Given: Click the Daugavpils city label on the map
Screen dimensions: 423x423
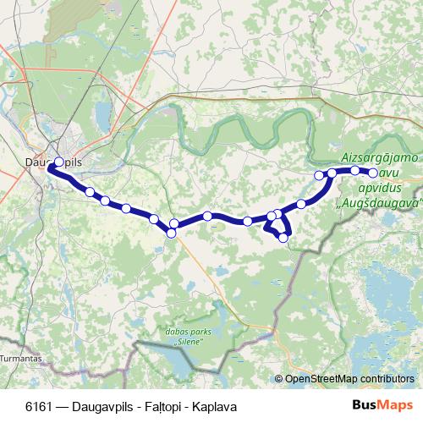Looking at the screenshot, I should [56, 158].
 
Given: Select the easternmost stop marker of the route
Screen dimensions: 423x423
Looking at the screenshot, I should [373, 173].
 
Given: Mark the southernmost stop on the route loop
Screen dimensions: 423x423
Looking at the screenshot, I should [283, 238].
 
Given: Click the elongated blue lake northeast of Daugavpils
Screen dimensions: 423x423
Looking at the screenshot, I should [102, 113].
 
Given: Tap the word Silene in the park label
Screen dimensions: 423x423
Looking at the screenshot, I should [188, 343].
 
